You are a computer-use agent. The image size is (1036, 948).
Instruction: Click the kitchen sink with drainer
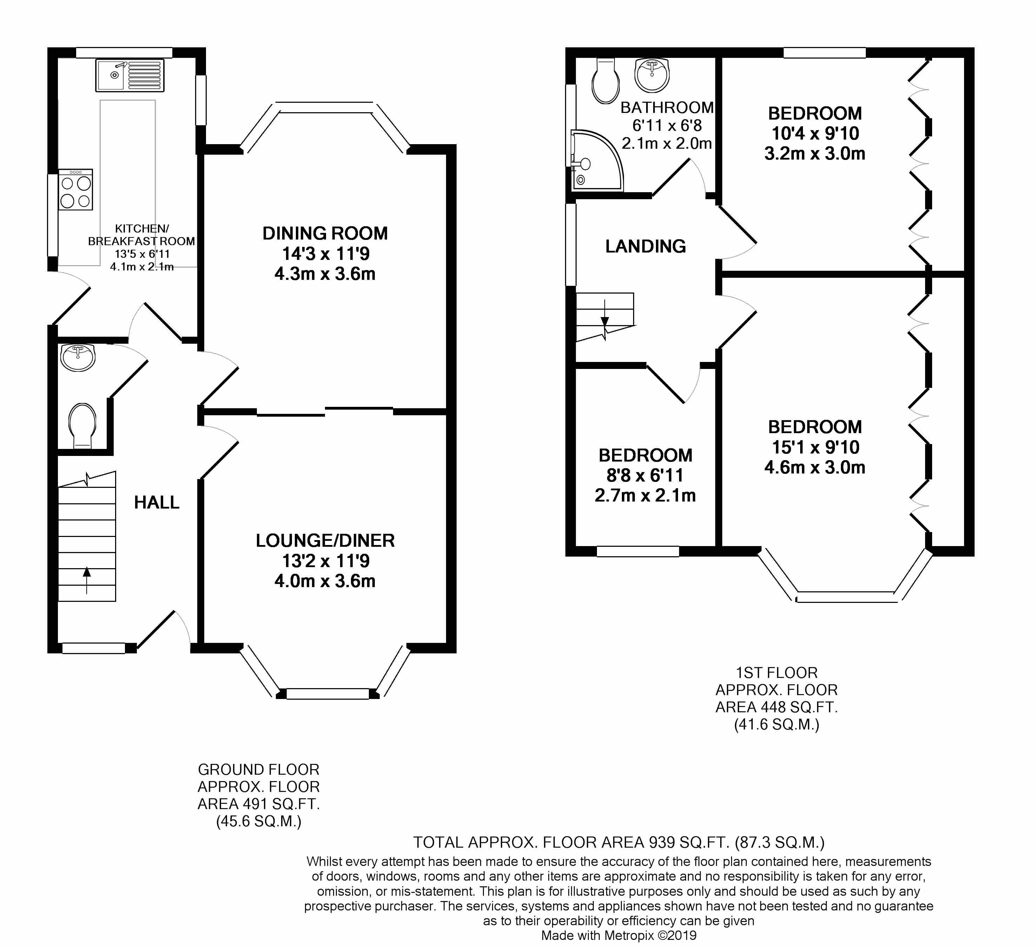[129, 75]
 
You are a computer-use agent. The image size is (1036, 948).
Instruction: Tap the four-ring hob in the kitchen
[75, 189]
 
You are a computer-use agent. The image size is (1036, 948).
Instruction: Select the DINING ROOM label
[325, 233]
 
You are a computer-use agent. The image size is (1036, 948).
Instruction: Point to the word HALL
[157, 502]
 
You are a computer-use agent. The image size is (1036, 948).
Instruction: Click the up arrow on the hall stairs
[87, 580]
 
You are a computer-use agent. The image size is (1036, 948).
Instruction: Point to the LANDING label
[645, 247]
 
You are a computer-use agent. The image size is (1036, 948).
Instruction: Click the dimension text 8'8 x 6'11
[645, 476]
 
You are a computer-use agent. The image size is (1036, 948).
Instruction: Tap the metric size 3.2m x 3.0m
[815, 154]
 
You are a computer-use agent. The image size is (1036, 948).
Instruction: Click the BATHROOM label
[667, 107]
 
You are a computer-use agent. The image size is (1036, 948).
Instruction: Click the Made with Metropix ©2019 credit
[619, 936]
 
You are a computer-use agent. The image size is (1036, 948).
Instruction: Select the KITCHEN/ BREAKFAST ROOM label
[142, 235]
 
